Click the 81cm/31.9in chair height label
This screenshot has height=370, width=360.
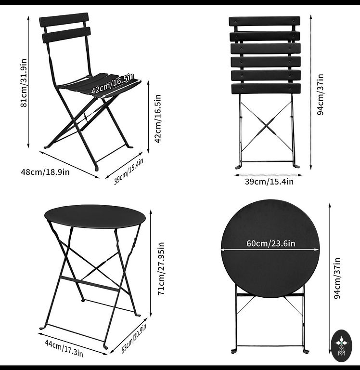point(24,83)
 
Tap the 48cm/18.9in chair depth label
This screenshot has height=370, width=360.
point(45,172)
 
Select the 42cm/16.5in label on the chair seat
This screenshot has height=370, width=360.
point(113,83)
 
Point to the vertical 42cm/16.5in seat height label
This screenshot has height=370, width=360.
point(157,119)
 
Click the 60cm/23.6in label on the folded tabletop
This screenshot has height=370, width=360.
point(271,243)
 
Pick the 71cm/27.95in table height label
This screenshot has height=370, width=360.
point(161,268)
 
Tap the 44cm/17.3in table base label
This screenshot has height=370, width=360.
point(64,348)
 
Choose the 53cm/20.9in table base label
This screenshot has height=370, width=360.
point(134,339)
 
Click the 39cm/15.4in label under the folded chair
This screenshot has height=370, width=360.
point(269,182)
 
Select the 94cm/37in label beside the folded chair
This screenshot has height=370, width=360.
point(321,94)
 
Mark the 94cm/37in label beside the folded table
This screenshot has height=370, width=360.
point(337,278)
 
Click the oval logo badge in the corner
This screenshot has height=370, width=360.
point(341,345)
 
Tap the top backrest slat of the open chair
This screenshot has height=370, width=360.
point(64,20)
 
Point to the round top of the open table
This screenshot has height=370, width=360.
point(95,216)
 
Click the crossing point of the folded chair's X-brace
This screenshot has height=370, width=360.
point(267,125)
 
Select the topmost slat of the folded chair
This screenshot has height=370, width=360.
point(264,21)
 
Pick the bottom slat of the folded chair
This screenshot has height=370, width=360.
point(266,88)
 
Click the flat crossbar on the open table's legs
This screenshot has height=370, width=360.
point(89,284)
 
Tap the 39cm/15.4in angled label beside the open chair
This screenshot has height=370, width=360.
point(129,172)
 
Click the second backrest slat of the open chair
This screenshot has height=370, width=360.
point(66,35)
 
